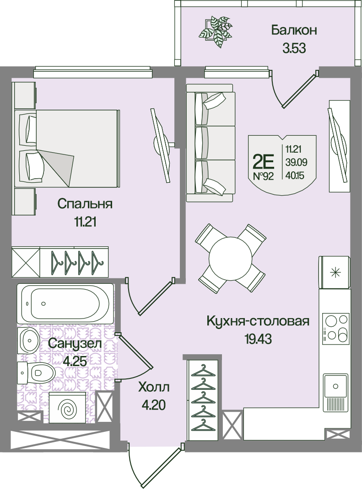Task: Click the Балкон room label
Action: [x=294, y=31]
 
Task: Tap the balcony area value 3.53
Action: [x=294, y=48]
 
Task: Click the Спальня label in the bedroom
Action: [x=85, y=204]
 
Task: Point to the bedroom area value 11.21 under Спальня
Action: [x=85, y=222]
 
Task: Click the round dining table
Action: [x=231, y=258]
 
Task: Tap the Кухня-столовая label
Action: [x=258, y=321]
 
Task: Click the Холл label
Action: [x=154, y=388]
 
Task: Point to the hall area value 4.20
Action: [x=153, y=405]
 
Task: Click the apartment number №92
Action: [x=263, y=176]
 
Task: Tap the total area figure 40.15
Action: [x=295, y=175]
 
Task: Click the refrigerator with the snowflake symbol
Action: [x=334, y=272]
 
